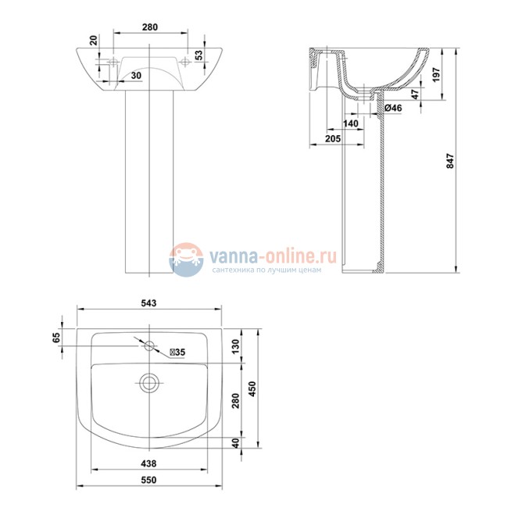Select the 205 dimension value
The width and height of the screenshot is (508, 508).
(x=329, y=138)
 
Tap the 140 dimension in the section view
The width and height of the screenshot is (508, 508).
(x=350, y=123)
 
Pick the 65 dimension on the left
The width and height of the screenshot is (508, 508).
(x=55, y=338)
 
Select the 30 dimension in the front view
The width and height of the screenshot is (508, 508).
(x=136, y=75)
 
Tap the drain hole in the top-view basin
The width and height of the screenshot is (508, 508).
(x=148, y=383)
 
